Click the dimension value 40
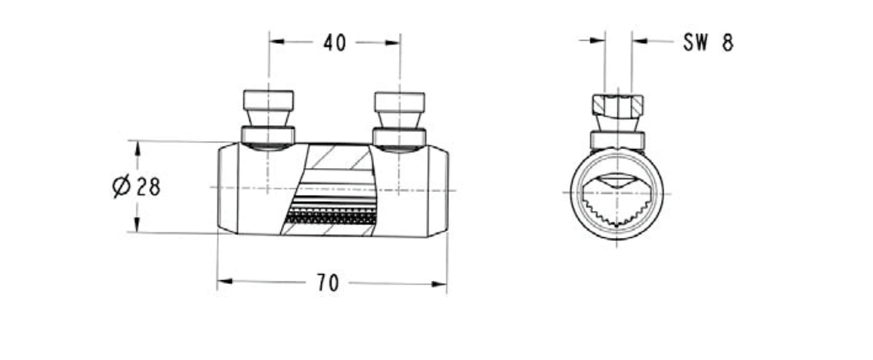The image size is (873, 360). (x=335, y=43)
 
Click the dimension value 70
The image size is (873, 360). (x=328, y=282)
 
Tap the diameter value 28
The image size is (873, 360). (x=148, y=187)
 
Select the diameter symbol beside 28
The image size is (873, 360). (x=122, y=186)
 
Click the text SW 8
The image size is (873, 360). (x=708, y=43)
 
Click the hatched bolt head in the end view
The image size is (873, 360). (x=617, y=105)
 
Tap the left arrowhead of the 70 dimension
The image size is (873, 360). (x=224, y=282)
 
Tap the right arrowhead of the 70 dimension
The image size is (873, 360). (x=439, y=284)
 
